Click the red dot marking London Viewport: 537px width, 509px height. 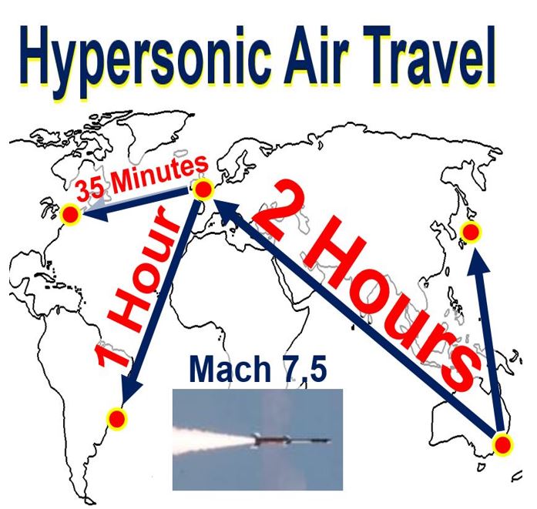tap(203, 189)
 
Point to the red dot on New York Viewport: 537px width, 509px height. tap(71, 215)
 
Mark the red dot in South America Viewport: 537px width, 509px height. tap(117, 418)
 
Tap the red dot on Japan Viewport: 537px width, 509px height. tap(471, 232)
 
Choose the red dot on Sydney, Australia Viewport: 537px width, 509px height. tap(503, 445)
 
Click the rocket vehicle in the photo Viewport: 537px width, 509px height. tap(291, 440)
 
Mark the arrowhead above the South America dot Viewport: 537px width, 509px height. tap(133, 390)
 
